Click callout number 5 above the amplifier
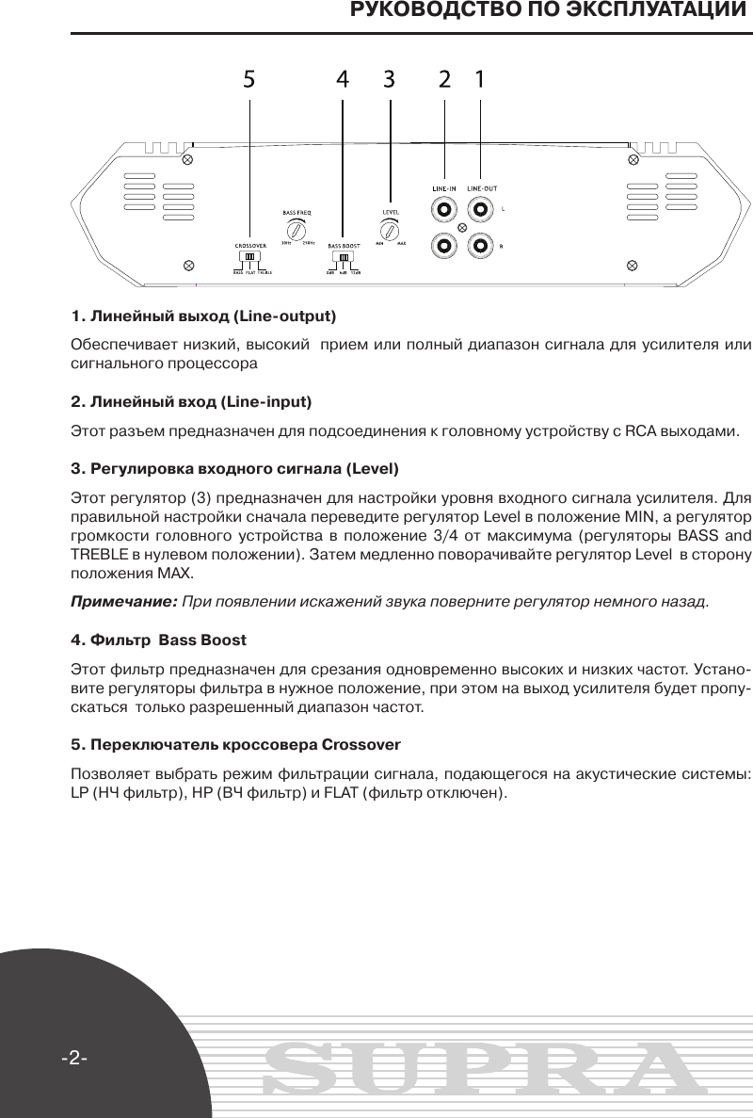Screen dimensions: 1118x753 pos(248,80)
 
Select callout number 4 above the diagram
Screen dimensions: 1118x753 pos(343,80)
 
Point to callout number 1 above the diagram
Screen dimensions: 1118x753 pos(480,80)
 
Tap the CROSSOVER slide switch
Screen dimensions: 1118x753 pos(249,256)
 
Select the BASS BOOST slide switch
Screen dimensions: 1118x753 pos(344,257)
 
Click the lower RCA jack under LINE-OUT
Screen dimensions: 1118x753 pos(481,247)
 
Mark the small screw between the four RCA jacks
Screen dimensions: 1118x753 pos(462,228)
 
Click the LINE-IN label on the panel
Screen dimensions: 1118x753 pos(443,188)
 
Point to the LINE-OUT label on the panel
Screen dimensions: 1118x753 pos(482,188)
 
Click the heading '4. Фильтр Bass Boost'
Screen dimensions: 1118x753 pos(159,640)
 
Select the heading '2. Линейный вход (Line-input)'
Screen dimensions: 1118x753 pos(192,402)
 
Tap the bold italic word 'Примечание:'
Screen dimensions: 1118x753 pos(124,601)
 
